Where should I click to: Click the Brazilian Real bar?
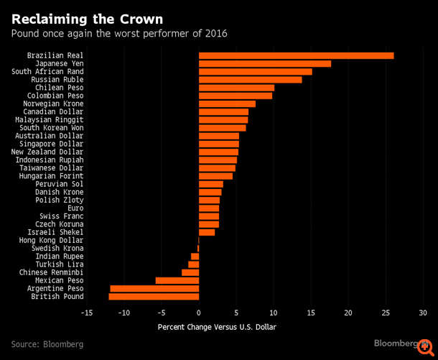[296, 55]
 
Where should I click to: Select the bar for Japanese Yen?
[264, 63]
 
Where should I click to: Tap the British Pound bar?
[154, 296]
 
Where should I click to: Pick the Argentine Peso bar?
[154, 288]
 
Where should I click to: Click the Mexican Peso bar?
[177, 280]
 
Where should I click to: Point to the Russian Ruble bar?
[250, 80]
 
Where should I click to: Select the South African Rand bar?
[255, 72]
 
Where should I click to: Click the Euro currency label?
[75, 208]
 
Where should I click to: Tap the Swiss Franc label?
[63, 216]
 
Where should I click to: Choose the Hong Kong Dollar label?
[55, 240]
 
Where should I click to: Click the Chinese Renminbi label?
[51, 272]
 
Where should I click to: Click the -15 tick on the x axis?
[87, 313]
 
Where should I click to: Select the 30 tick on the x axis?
[423, 313]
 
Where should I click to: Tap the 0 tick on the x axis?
[199, 313]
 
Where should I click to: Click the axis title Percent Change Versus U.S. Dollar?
[216, 328]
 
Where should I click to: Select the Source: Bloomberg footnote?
[47, 344]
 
